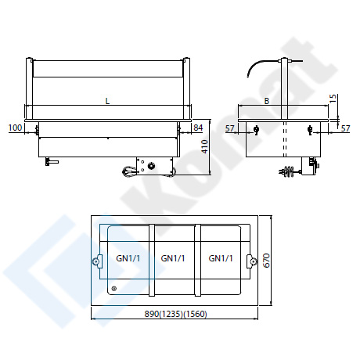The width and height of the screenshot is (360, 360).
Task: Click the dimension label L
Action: click(x=107, y=101)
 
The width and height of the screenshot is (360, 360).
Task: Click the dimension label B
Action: click(x=267, y=101)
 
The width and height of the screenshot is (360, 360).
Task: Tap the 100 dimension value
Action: click(x=16, y=128)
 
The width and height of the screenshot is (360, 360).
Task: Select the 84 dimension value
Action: click(x=198, y=128)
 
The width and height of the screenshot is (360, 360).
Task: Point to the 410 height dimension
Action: click(x=205, y=146)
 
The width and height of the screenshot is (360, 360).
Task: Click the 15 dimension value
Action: click(x=333, y=99)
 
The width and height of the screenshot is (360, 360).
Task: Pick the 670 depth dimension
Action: click(x=266, y=260)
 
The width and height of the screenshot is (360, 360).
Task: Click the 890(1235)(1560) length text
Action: click(x=175, y=314)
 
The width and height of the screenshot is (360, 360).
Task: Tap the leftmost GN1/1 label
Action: click(x=128, y=258)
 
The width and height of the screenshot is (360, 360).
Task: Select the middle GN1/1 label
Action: click(x=173, y=258)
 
